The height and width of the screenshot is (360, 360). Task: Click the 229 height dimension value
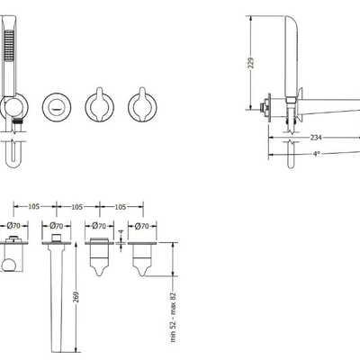251,62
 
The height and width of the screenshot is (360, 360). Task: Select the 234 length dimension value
316,138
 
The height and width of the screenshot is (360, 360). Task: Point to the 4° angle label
317,154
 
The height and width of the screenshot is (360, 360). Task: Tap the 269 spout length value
76,297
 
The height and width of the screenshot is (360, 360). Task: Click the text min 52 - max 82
173,318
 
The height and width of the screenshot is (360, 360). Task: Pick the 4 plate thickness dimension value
121,231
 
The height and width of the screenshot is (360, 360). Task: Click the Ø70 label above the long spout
57,225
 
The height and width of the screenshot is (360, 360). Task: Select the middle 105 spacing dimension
77,207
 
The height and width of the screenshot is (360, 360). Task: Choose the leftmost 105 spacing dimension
34,206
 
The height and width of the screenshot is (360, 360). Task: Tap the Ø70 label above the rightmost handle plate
142,226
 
